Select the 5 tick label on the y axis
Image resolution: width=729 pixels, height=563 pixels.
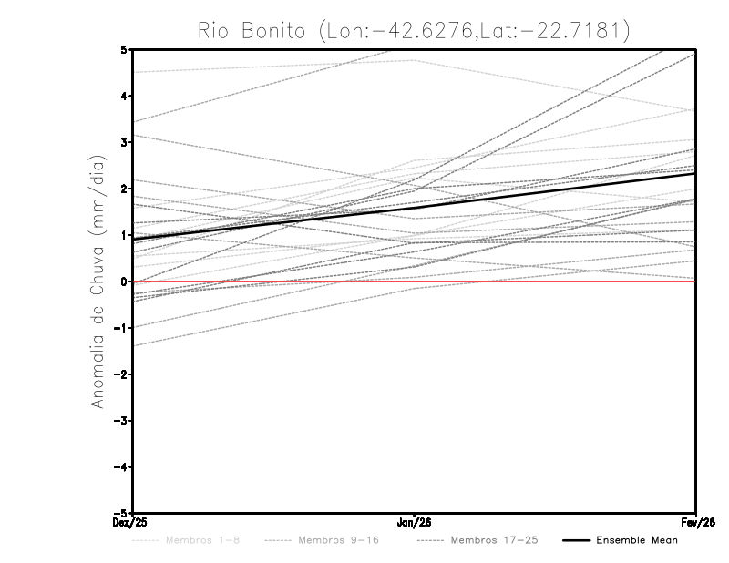(124, 49)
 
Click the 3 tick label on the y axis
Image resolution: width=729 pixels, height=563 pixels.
(124, 142)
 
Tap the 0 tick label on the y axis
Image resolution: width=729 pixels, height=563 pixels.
(124, 281)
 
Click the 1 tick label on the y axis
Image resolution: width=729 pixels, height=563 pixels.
(124, 235)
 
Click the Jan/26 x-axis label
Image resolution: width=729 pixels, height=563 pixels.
(415, 523)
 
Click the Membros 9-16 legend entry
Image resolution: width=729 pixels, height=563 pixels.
(338, 540)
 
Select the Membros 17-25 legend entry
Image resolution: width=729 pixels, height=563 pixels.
(494, 540)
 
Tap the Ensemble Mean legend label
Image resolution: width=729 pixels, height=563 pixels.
(636, 540)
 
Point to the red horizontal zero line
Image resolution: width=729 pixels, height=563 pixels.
(547, 281)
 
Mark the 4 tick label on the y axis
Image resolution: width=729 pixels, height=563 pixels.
(124, 96)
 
